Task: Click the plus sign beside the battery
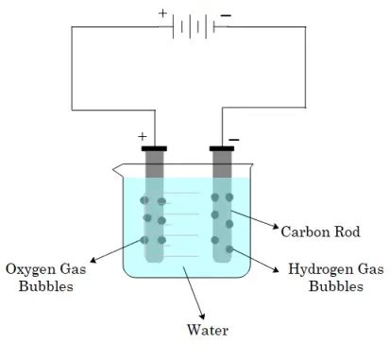[161, 14]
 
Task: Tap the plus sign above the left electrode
[144, 134]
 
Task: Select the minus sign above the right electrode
[233, 139]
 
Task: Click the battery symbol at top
[195, 26]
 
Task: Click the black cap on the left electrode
[155, 148]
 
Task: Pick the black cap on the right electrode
[223, 148]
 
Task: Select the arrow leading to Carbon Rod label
[254, 220]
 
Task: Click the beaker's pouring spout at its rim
[116, 170]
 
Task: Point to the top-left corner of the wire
[74, 26]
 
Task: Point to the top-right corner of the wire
[305, 26]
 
